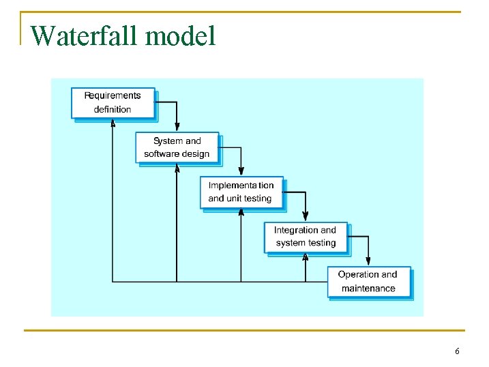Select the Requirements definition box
[113, 102]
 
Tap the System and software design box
[177, 147]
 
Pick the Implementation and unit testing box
[241, 192]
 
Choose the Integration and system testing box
[306, 237]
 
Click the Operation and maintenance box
[368, 281]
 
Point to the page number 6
[457, 351]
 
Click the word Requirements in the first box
[113, 96]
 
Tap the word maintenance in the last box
[368, 289]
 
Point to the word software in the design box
[161, 154]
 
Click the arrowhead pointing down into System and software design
[177, 126]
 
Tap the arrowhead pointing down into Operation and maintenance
[368, 261]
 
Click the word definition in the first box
[113, 109]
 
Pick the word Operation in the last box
[354, 274]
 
